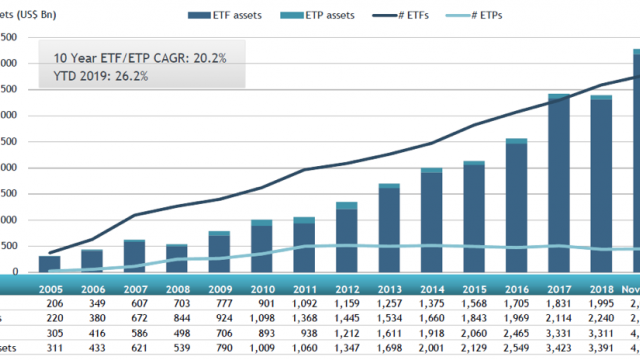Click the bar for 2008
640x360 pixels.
[x=176, y=258]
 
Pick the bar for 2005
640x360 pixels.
[x=49, y=263]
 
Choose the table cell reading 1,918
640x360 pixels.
[x=431, y=334]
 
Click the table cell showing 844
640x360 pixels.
[x=176, y=318]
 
